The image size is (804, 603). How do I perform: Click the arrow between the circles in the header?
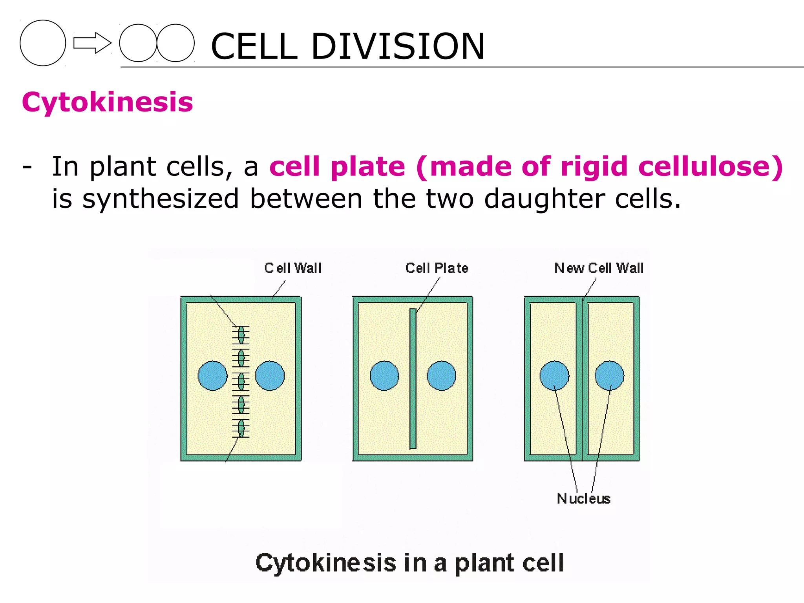click(x=92, y=43)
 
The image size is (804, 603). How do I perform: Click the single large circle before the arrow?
click(x=43, y=43)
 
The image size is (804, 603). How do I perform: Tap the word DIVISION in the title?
click(x=398, y=46)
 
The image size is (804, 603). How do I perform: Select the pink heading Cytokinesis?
click(x=107, y=102)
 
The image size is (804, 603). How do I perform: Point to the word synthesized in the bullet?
click(x=160, y=199)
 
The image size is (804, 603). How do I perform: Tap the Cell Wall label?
click(x=293, y=268)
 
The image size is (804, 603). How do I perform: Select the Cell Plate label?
click(x=437, y=268)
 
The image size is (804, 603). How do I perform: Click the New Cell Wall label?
click(x=599, y=268)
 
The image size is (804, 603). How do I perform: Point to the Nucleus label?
click(x=583, y=499)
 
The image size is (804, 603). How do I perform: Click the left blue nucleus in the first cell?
click(x=212, y=376)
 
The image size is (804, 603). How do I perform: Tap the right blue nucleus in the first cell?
click(x=270, y=376)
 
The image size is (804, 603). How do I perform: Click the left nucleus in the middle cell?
click(x=384, y=376)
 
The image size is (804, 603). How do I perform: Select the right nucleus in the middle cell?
click(x=441, y=376)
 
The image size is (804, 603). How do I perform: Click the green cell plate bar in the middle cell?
click(x=413, y=378)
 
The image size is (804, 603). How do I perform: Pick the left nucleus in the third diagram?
click(x=554, y=376)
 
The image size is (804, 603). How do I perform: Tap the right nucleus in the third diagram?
click(x=609, y=376)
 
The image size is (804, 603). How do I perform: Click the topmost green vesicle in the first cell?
click(x=241, y=334)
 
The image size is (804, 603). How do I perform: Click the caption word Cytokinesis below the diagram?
click(x=326, y=563)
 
